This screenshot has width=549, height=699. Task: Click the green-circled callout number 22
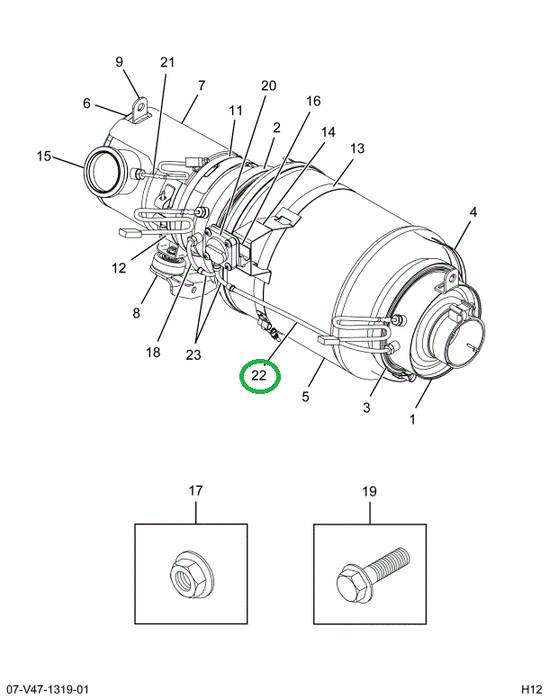258,375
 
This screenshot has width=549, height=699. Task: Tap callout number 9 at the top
119,61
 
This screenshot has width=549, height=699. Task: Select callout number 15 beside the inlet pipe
44,156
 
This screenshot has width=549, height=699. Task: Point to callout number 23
193,354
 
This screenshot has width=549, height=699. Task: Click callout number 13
357,148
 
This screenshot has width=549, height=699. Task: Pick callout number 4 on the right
473,211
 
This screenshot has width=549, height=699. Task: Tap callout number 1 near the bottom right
412,419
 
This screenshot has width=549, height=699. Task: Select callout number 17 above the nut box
196,491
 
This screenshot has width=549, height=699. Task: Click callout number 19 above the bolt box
369,491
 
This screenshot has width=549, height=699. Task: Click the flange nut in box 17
193,575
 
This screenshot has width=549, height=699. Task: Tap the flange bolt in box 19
372,575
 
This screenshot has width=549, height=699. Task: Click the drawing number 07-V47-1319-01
44,689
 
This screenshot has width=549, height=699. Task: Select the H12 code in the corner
531,689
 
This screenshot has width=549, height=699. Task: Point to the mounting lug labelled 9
141,110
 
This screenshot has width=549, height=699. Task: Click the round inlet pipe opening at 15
103,171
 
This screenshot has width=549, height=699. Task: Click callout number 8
137,313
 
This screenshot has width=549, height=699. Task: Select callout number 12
119,268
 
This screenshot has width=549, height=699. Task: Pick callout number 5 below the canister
305,397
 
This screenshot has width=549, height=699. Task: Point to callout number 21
167,62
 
